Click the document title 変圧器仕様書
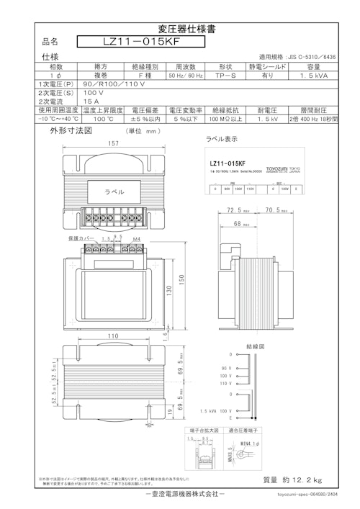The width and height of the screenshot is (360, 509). tap(180, 30)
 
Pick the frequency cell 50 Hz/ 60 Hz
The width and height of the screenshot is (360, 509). tap(186, 75)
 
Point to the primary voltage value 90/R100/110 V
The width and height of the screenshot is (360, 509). tap(94, 84)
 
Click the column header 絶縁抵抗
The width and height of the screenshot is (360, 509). tap(225, 111)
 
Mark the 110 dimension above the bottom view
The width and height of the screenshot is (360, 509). tap(112, 335)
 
